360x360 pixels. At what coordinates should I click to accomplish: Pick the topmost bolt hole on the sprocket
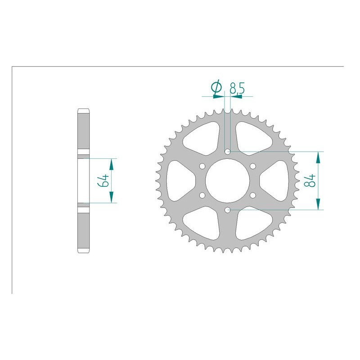[228, 152]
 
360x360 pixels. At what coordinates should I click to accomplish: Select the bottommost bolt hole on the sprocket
[228, 210]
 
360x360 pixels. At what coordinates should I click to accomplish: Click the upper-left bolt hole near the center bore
[202, 166]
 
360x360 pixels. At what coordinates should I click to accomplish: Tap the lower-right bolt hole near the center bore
[253, 195]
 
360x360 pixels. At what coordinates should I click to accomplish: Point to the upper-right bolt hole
[253, 166]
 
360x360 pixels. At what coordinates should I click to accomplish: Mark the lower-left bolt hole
[202, 195]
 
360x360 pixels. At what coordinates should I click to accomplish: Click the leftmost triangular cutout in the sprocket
[179, 181]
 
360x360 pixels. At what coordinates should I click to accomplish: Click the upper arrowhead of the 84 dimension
[319, 156]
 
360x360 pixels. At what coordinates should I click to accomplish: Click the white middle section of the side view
[84, 180]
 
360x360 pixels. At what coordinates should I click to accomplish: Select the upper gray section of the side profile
[84, 130]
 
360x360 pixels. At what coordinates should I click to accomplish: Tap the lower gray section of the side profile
[84, 229]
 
